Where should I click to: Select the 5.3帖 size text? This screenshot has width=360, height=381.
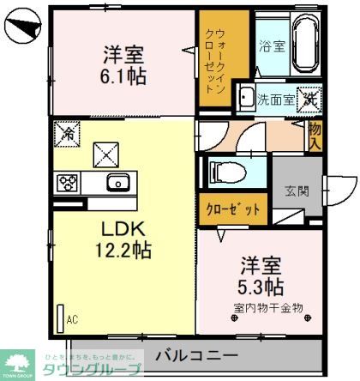point(261,285)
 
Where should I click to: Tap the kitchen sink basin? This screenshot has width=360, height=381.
point(117,182)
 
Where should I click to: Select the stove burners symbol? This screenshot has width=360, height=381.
point(68,182)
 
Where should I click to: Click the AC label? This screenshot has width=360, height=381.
point(73,320)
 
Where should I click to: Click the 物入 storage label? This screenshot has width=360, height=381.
point(315,134)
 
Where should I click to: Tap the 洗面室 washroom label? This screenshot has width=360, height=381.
point(276,100)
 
